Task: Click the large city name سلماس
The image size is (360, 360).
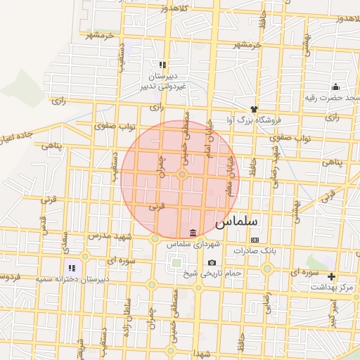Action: pyautogui.click(x=236, y=221)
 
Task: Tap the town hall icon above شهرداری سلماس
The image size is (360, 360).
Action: pyautogui.click(x=193, y=233)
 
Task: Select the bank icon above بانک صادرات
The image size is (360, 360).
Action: pyautogui.click(x=255, y=240)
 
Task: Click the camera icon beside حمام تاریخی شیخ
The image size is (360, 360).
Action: pyautogui.click(x=212, y=263)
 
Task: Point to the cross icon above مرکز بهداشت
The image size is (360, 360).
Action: pyautogui.click(x=331, y=276)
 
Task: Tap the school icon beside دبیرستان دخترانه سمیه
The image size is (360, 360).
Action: pyautogui.click(x=71, y=268)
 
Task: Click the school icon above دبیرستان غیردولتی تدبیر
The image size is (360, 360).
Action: pyautogui.click(x=162, y=65)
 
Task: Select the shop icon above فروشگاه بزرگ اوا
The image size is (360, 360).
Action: pyautogui.click(x=253, y=109)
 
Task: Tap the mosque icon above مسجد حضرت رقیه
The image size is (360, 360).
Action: pyautogui.click(x=335, y=87)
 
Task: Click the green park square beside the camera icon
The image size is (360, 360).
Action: pyautogui.click(x=174, y=264)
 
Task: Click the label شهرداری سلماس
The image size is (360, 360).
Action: pyautogui.click(x=193, y=244)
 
